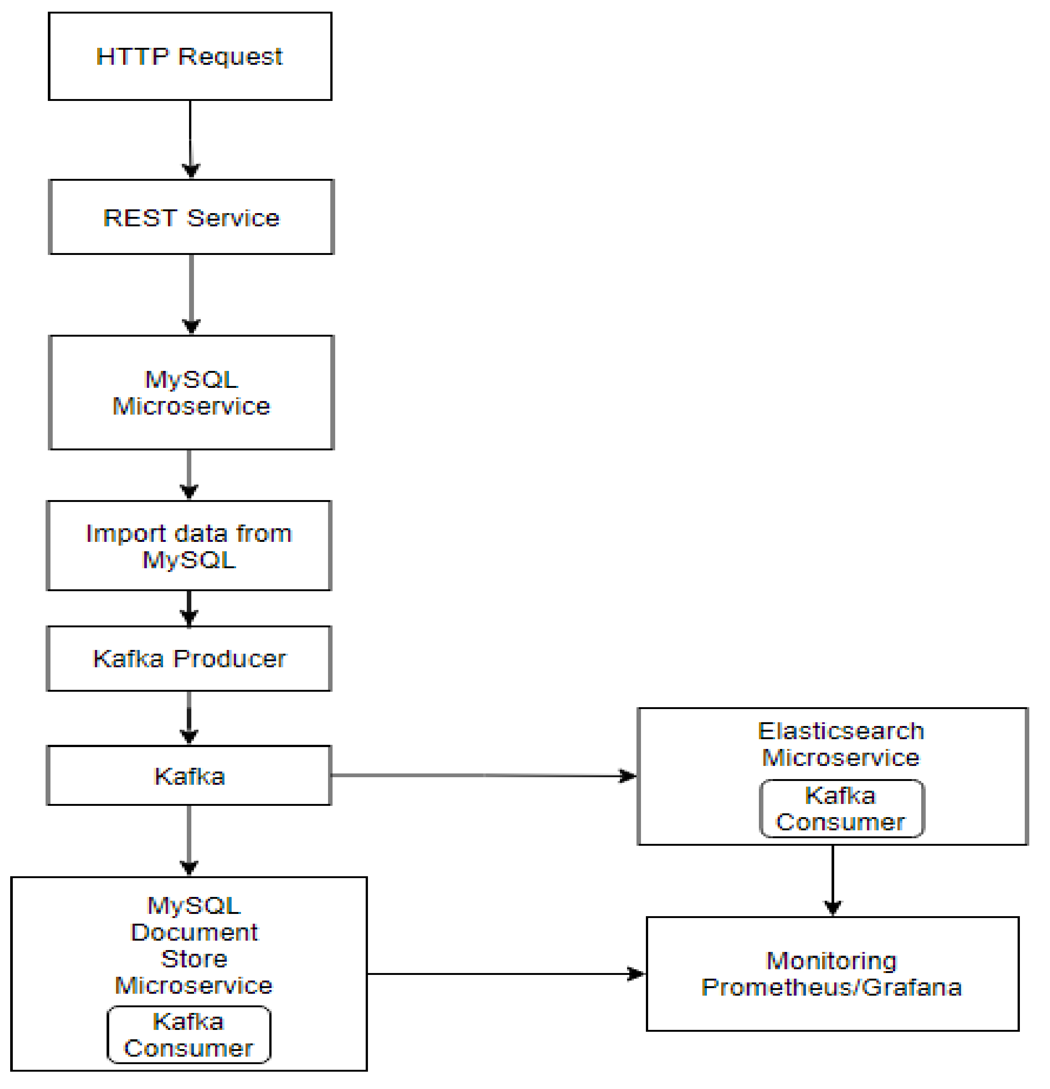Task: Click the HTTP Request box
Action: tap(190, 56)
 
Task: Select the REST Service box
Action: tap(191, 217)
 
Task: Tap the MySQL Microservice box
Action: tap(191, 393)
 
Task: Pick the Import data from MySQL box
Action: tap(189, 546)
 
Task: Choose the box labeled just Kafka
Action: tap(189, 776)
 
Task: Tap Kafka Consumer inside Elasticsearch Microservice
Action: tap(841, 809)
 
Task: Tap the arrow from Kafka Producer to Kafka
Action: tap(189, 717)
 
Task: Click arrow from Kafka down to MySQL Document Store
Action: tap(189, 839)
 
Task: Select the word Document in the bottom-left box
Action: tap(194, 933)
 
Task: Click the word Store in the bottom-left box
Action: tap(194, 959)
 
